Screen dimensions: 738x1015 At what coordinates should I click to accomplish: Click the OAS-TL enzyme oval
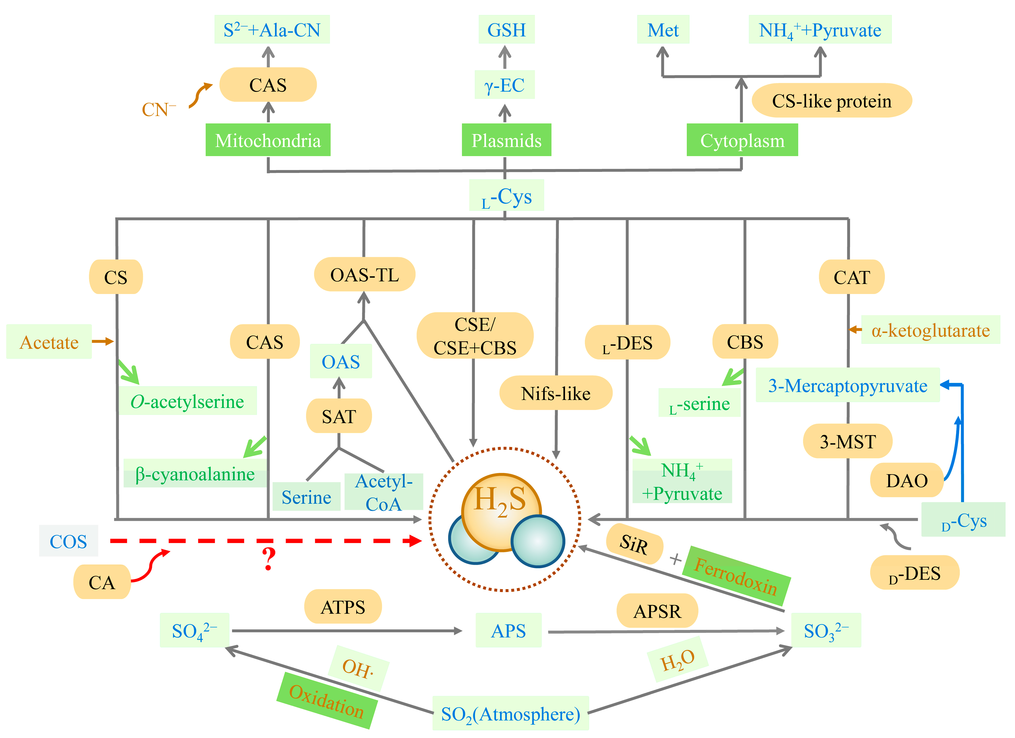tap(364, 274)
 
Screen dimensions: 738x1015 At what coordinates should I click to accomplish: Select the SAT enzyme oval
tap(339, 416)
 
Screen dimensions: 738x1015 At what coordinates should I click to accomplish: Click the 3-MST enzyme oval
tap(847, 441)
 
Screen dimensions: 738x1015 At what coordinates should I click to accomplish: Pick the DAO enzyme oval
tap(907, 480)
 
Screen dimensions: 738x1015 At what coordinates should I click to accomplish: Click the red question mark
tap(269, 559)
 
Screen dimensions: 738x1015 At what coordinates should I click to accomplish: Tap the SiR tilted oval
tap(634, 544)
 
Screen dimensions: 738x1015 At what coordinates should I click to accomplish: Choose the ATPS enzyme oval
tap(343, 606)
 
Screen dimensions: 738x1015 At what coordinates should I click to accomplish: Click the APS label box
tap(508, 630)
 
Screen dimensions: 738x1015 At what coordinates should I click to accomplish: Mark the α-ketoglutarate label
tap(930, 330)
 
